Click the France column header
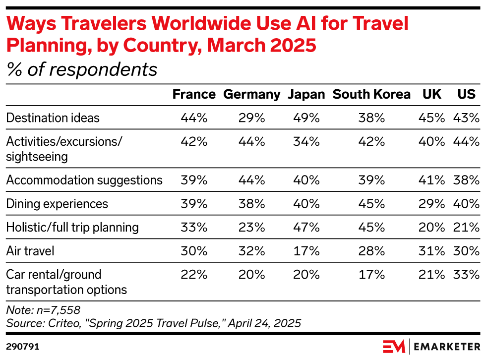click(194, 95)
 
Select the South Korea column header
click(371, 95)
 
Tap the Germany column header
click(252, 95)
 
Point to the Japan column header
click(306, 95)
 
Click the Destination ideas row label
click(53, 118)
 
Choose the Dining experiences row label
click(57, 204)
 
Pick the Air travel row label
click(30, 251)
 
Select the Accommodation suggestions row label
click(84, 180)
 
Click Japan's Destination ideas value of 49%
click(306, 118)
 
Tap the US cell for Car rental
click(466, 275)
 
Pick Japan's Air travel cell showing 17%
click(306, 251)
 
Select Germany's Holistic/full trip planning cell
click(252, 228)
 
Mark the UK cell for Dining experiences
click(431, 204)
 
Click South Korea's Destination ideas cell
click(371, 118)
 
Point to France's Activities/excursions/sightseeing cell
click(194, 141)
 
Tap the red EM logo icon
click(394, 346)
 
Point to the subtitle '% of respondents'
click(82, 70)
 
